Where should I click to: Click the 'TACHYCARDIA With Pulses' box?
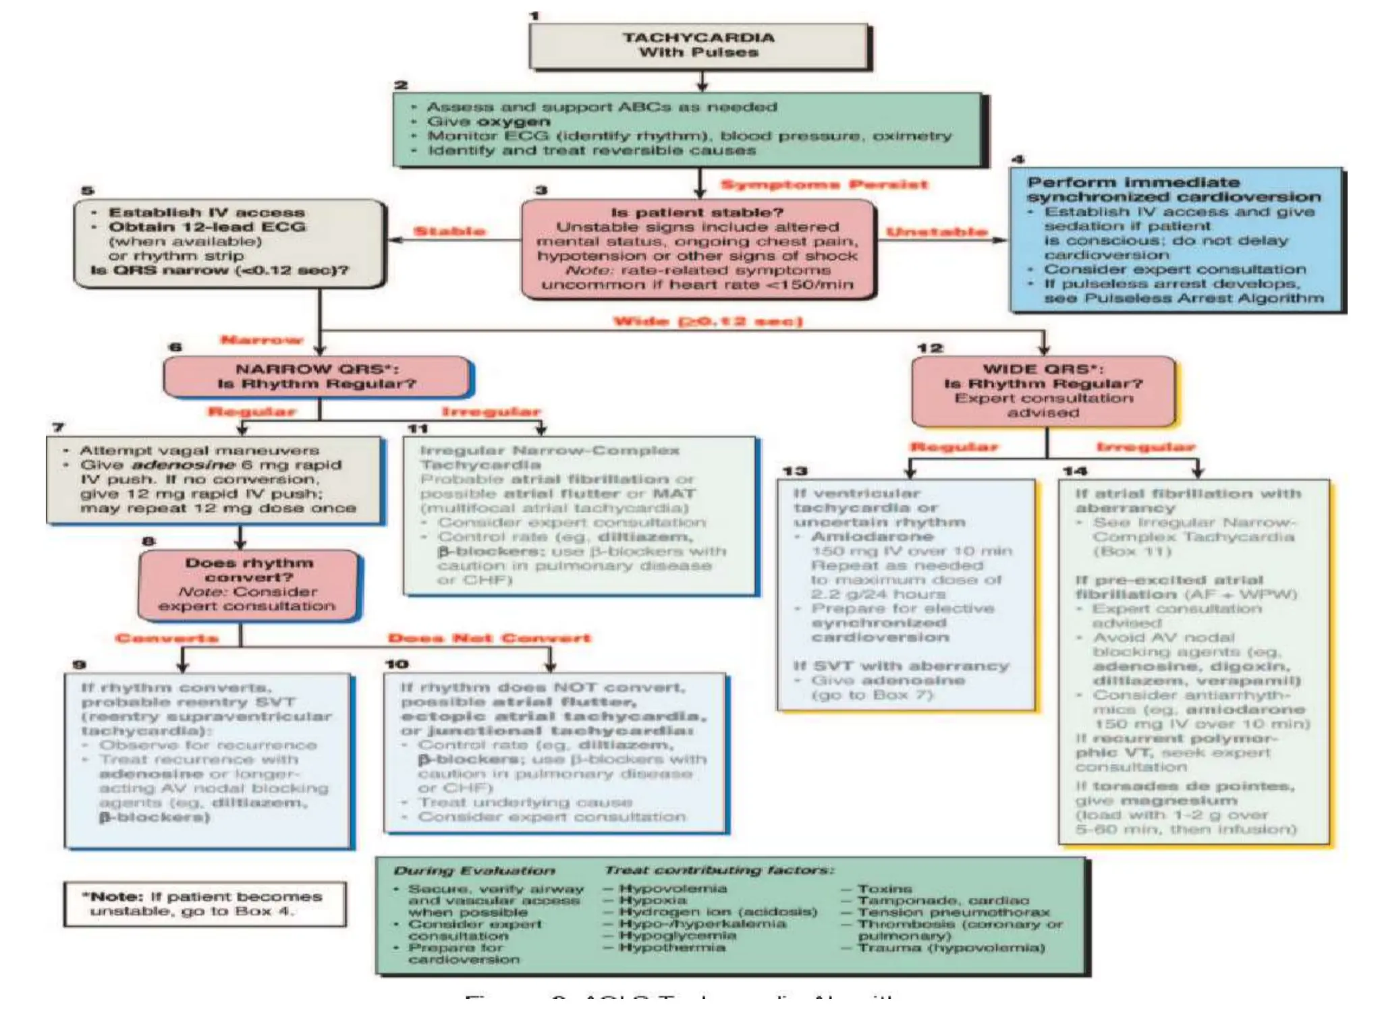tap(699, 45)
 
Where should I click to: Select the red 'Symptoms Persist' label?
tap(824, 185)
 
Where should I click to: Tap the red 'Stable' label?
tap(449, 231)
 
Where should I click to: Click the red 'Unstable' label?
tap(937, 232)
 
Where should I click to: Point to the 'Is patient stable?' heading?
tap(697, 212)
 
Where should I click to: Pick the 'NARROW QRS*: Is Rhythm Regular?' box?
tap(317, 376)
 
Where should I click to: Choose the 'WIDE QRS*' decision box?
tap(1043, 391)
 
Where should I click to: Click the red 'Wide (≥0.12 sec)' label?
tap(708, 321)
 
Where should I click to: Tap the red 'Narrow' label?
tap(262, 340)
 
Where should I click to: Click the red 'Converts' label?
tap(167, 638)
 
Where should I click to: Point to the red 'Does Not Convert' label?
tap(489, 638)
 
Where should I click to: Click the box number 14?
tap(1075, 471)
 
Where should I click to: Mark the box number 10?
tap(397, 664)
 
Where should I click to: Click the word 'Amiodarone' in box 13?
tap(872, 537)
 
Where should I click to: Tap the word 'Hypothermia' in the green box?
tap(672, 948)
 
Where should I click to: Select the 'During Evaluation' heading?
tap(474, 871)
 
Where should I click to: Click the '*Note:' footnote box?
tap(205, 904)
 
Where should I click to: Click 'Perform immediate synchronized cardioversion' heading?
tap(1173, 190)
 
